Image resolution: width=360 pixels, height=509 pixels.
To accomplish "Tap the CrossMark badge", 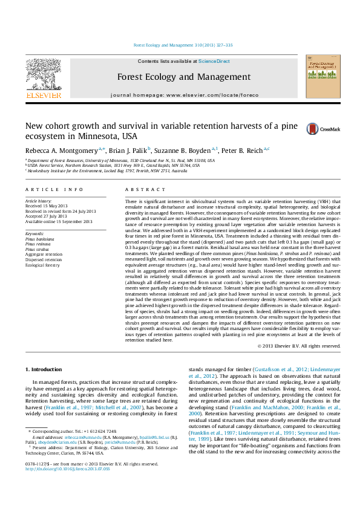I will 323,129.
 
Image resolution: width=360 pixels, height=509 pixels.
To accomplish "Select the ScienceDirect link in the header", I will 214,62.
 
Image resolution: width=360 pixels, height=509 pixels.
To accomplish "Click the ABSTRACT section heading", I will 137,189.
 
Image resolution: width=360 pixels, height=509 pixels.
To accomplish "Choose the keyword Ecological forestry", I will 43,264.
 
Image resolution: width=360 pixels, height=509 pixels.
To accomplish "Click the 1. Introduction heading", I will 43,369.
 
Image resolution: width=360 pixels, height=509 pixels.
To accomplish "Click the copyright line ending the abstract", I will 299,346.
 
